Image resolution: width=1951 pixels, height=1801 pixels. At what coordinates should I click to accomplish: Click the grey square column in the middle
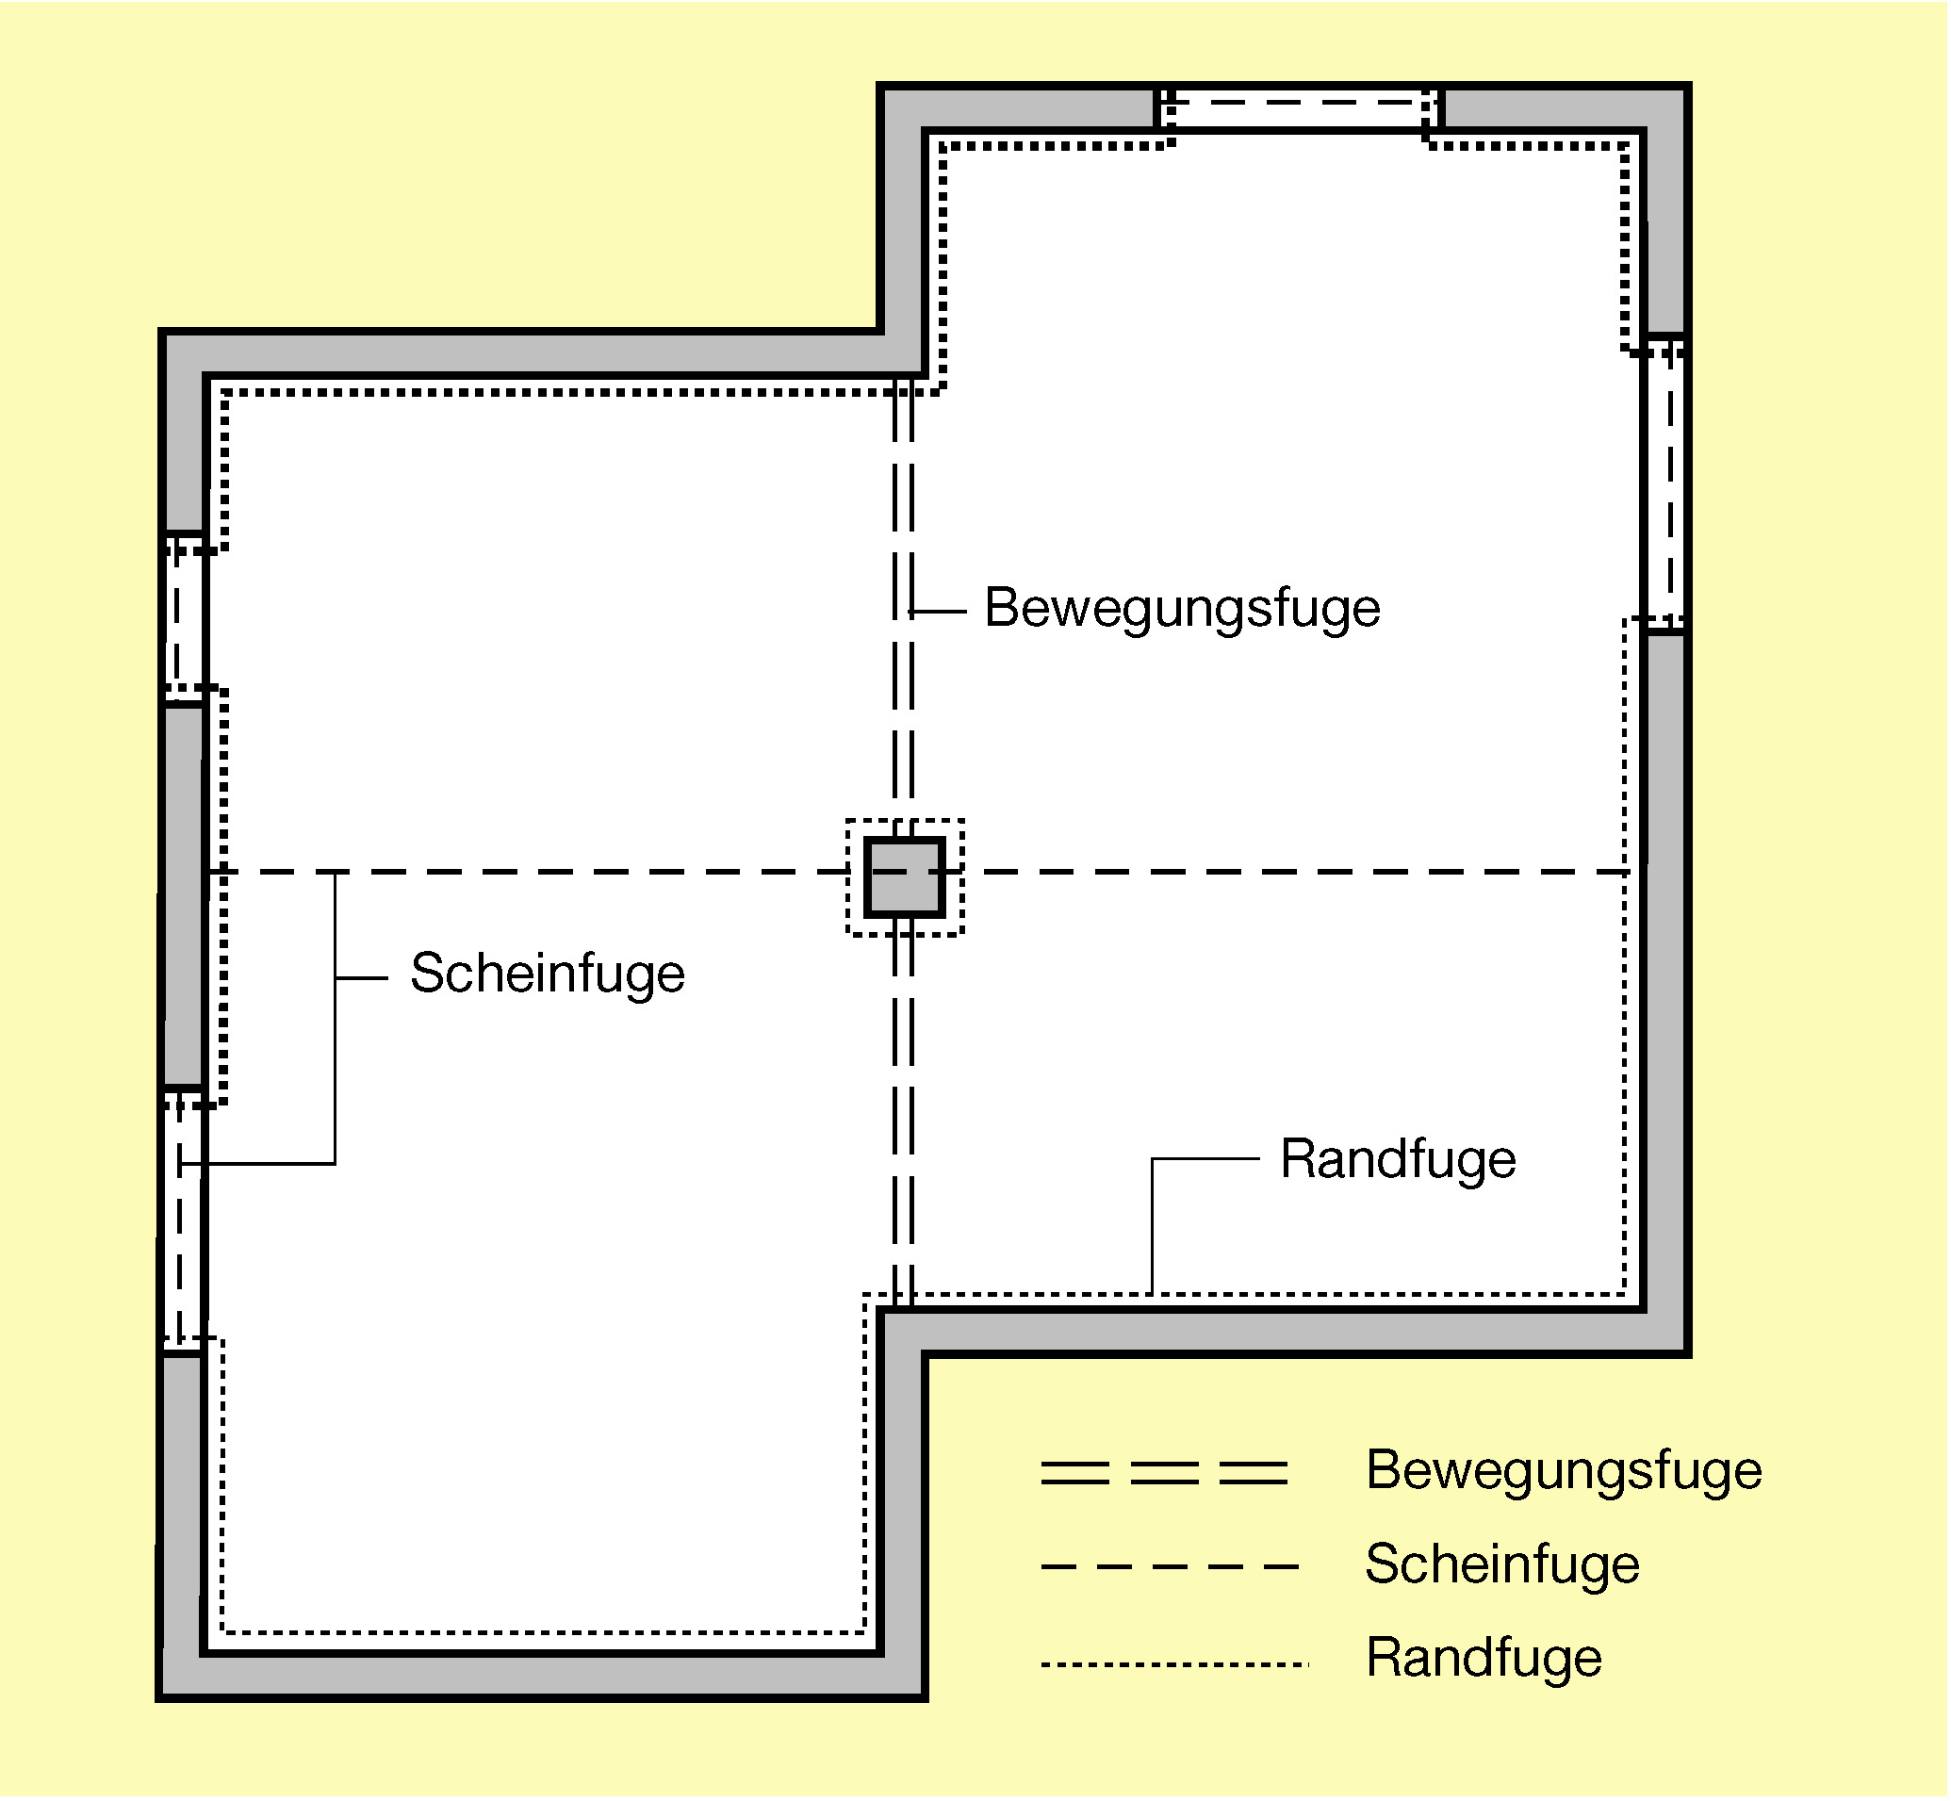(x=905, y=877)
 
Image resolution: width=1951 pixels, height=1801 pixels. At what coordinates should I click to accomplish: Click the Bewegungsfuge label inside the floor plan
(x=1182, y=609)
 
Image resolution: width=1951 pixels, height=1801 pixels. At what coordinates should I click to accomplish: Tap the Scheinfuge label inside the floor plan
(x=548, y=974)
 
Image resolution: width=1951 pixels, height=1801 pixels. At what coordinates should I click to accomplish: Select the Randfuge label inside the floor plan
(x=1398, y=1160)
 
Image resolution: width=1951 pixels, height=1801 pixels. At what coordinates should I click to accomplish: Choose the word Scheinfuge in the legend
(x=1502, y=1564)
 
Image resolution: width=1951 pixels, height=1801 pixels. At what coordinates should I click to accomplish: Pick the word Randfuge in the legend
(x=1484, y=1658)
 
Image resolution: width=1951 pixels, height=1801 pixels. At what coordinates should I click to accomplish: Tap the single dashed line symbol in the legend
(x=1170, y=1567)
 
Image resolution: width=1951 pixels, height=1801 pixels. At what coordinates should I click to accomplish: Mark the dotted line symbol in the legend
(x=1174, y=1664)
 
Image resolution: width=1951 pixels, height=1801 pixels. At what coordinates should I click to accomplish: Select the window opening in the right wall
(x=1664, y=484)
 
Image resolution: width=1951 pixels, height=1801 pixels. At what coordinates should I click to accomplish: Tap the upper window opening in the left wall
(x=184, y=618)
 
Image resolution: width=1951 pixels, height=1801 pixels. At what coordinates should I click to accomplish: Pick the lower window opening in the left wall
(x=182, y=1220)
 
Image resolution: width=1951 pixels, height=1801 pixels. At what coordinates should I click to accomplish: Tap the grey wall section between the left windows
(x=183, y=894)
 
